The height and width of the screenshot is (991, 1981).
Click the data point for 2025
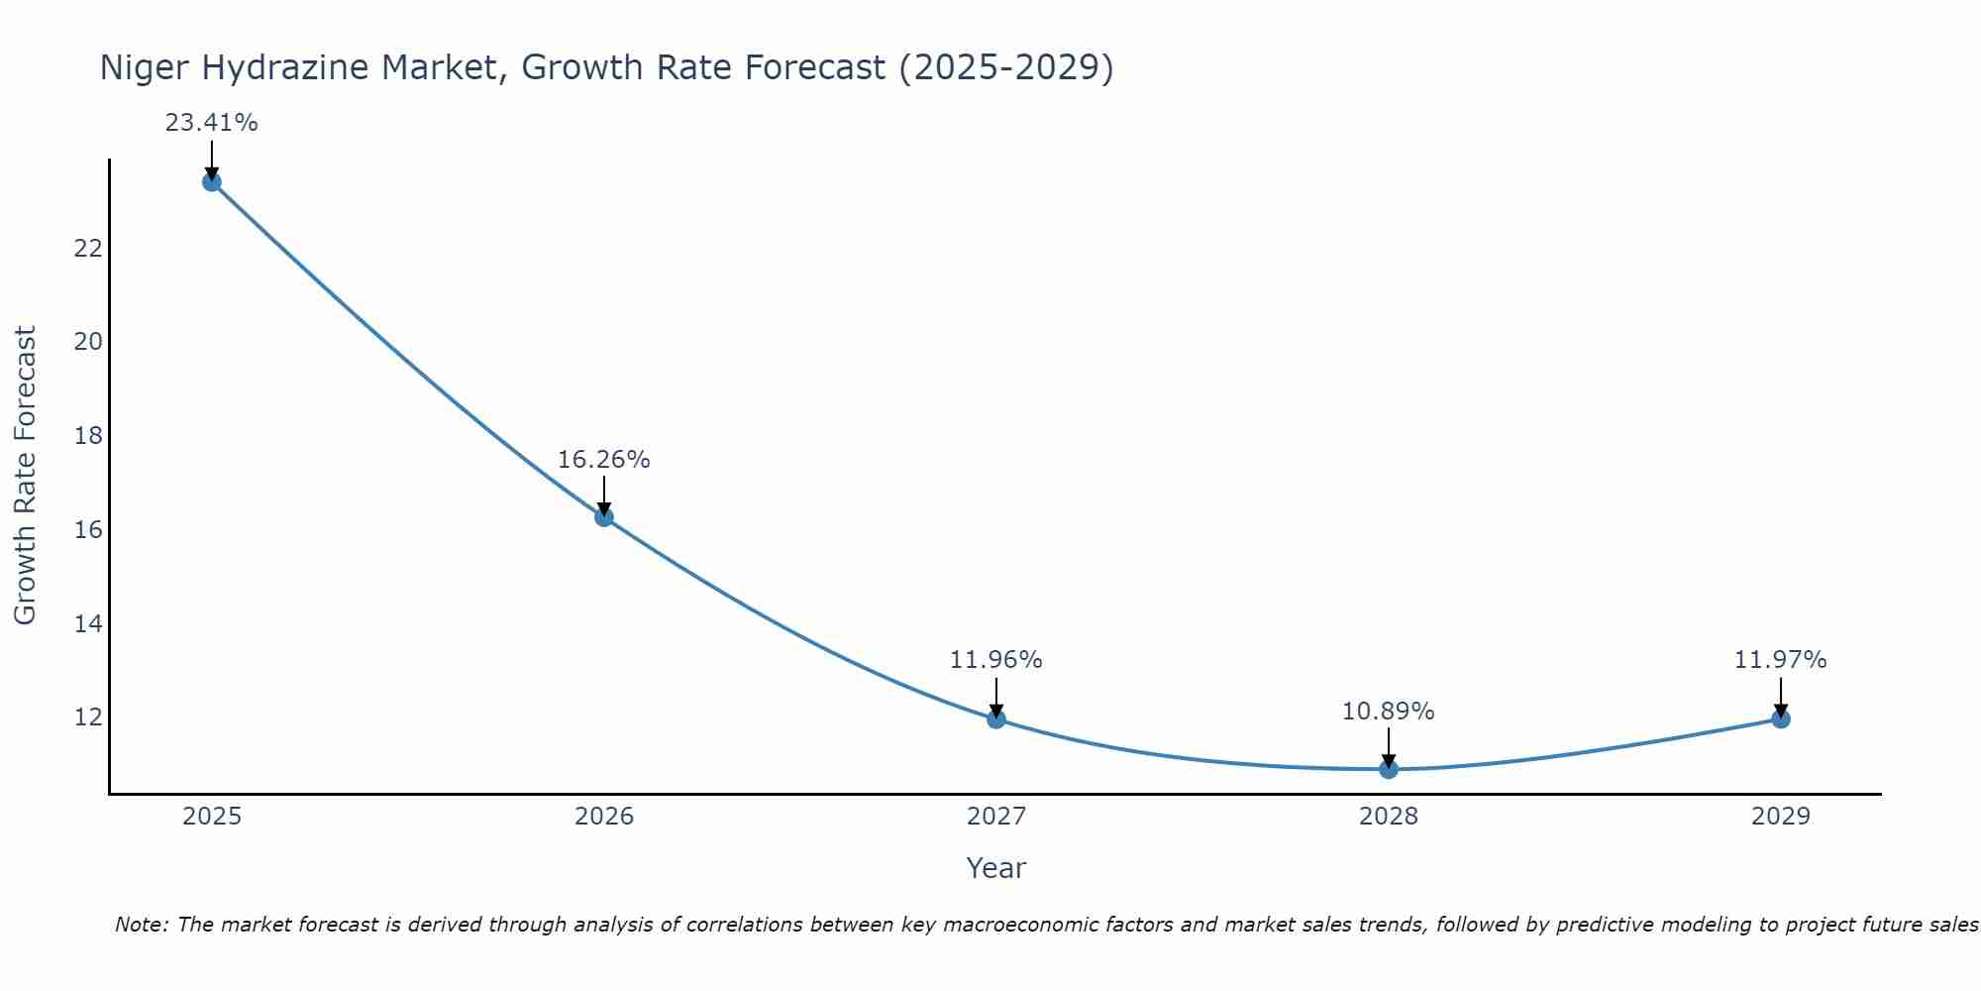[211, 181]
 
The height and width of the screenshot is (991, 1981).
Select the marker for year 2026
[603, 516]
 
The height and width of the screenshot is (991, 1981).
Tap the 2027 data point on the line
[995, 718]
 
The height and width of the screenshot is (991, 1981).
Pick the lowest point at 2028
[1388, 769]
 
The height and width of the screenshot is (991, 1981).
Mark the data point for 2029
[1780, 718]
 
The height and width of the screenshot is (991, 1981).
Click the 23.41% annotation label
[211, 123]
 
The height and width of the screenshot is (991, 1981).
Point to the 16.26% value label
[603, 460]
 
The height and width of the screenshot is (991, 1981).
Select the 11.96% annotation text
[995, 660]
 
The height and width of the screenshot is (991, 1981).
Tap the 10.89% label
[1388, 712]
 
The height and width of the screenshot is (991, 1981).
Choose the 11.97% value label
[1780, 660]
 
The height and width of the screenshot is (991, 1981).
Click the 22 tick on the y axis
[88, 248]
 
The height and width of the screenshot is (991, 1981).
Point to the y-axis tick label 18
[88, 436]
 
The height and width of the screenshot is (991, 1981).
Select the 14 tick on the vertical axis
[88, 623]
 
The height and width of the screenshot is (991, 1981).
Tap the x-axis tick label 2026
[604, 817]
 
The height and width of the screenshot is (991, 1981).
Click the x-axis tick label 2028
[1388, 817]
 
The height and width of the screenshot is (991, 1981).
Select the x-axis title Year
[995, 868]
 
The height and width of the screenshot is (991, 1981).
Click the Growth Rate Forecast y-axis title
[25, 476]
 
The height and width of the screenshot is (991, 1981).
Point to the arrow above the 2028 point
[1388, 747]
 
